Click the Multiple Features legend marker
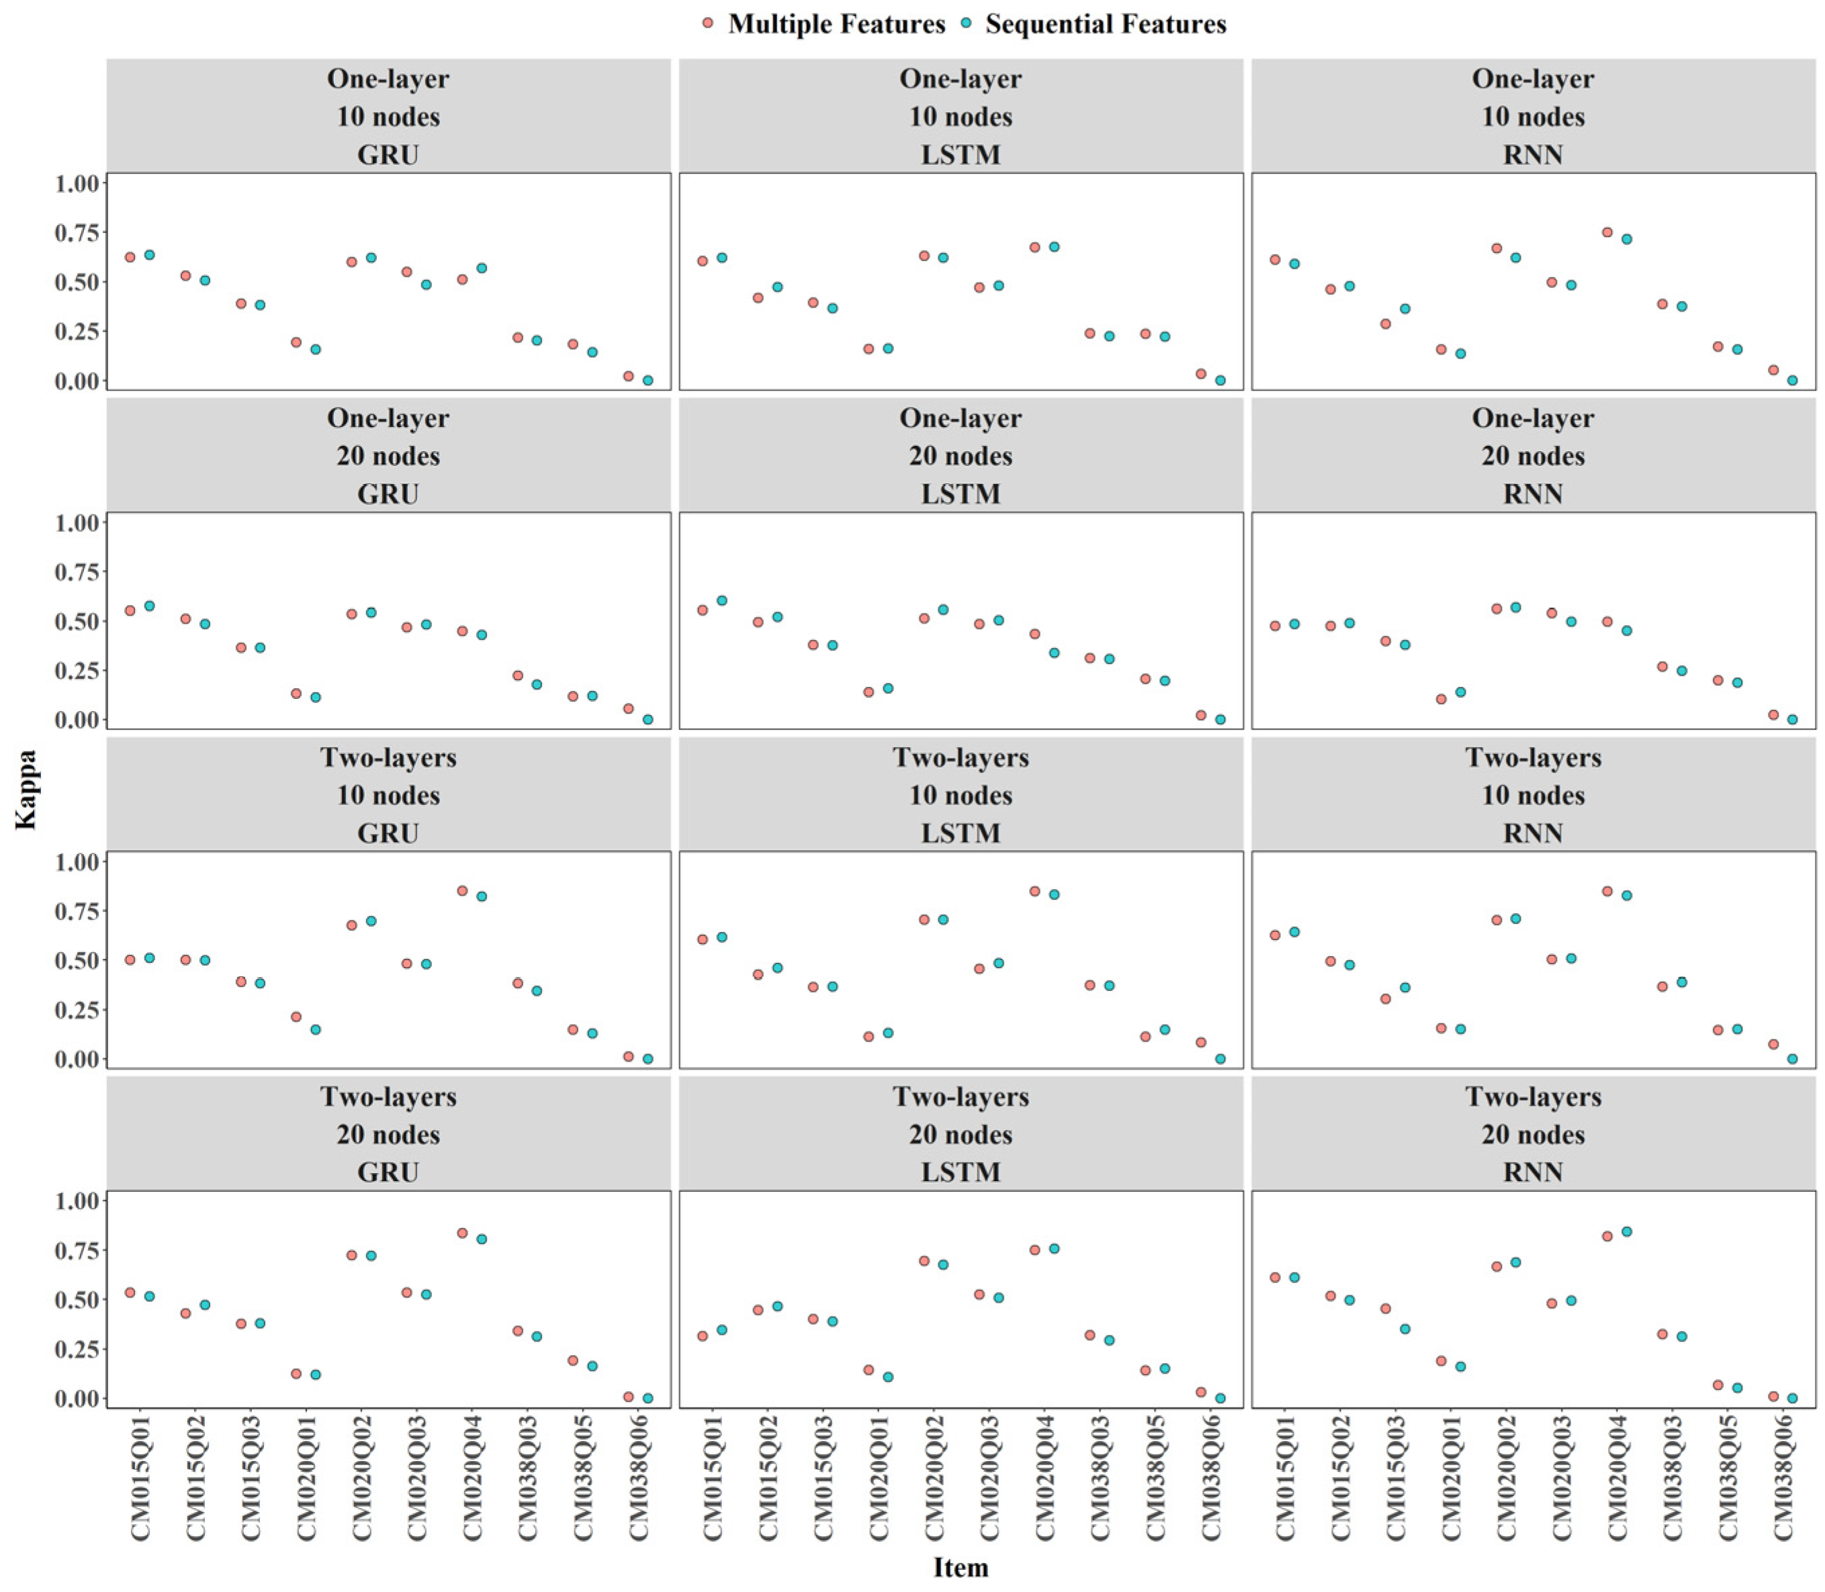tap(707, 23)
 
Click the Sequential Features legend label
tap(1106, 24)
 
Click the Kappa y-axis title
tap(26, 790)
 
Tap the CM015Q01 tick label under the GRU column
tap(140, 1477)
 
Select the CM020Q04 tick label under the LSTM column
tap(1045, 1477)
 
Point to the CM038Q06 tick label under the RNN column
tap(1783, 1477)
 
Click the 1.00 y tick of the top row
tap(77, 183)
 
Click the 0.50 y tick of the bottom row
tap(77, 1300)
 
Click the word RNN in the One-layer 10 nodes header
tap(1533, 154)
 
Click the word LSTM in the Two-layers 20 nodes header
tap(961, 1172)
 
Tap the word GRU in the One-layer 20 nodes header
tap(388, 494)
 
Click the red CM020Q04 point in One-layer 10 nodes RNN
tap(1607, 232)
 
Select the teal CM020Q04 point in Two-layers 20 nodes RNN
tap(1627, 1231)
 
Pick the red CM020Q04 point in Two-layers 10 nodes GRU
tap(462, 890)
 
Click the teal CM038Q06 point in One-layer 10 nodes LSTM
tap(1220, 380)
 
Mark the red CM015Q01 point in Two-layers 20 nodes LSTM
tap(702, 1336)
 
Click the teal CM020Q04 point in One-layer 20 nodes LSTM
tap(1054, 652)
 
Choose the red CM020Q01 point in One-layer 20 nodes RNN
tap(1441, 699)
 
